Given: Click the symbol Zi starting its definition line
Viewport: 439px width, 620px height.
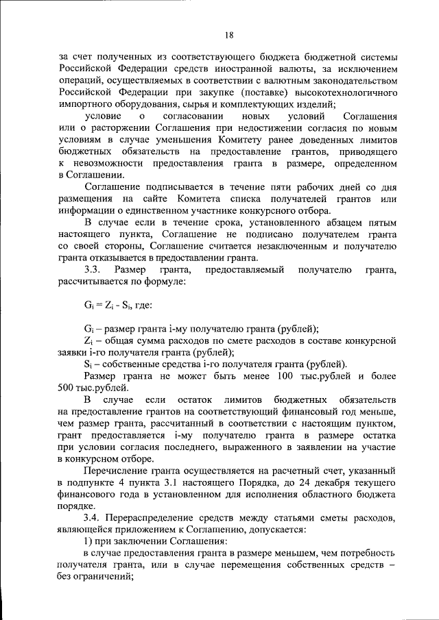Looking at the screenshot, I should point(88,340).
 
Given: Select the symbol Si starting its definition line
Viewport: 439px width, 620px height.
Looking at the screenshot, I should point(87,363).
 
